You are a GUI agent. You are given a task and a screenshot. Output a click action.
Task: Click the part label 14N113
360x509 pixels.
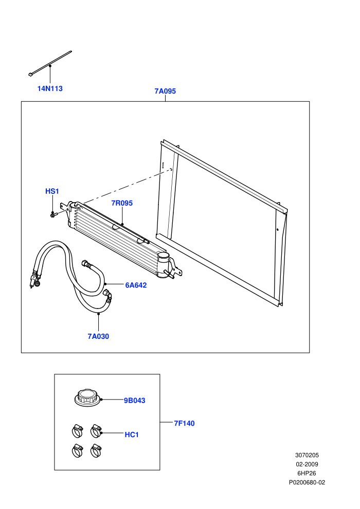(x=50, y=88)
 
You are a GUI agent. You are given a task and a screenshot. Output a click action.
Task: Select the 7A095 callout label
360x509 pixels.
(x=165, y=91)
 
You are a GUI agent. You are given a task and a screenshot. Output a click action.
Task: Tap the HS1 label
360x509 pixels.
(x=52, y=191)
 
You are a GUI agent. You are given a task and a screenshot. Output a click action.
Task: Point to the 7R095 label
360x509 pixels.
(x=122, y=203)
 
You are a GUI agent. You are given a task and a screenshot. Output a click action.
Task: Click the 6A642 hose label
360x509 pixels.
(x=136, y=285)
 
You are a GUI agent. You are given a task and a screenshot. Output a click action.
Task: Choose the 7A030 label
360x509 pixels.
(x=98, y=337)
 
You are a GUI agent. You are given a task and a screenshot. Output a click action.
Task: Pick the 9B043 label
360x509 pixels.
(x=135, y=401)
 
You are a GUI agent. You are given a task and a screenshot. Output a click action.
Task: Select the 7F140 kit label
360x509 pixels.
(x=185, y=423)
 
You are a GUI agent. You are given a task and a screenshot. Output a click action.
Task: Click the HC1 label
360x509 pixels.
(x=132, y=434)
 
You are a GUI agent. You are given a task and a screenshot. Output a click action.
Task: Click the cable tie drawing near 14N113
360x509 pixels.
(x=50, y=64)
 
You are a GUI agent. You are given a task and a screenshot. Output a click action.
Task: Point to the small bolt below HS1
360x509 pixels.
(x=53, y=214)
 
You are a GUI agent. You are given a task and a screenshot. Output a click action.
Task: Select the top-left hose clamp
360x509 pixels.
(x=77, y=431)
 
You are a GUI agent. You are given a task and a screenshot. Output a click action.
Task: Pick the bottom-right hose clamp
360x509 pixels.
(x=96, y=450)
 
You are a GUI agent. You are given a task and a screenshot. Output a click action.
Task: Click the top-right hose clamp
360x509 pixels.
(x=96, y=431)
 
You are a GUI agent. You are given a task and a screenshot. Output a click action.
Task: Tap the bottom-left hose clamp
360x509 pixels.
(x=77, y=450)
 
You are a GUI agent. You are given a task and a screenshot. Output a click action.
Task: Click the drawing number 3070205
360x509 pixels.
(x=307, y=456)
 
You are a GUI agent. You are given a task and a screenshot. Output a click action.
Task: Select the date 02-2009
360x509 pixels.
(x=307, y=465)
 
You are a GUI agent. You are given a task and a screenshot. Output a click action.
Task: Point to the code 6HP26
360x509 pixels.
(x=307, y=474)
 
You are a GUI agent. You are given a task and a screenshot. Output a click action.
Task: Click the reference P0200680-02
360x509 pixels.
(x=307, y=483)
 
